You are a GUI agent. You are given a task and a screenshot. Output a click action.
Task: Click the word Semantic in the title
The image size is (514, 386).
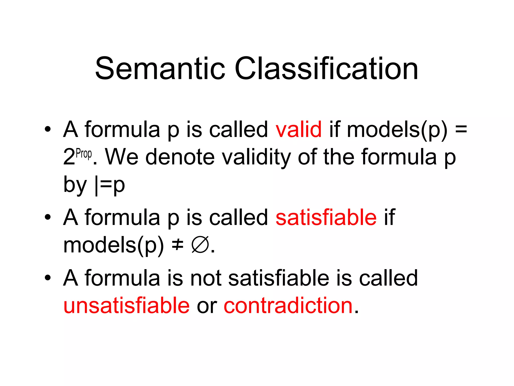[160, 68]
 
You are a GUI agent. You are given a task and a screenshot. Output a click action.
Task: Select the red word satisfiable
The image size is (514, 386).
[326, 217]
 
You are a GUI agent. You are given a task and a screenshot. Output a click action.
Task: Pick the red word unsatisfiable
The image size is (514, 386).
[126, 306]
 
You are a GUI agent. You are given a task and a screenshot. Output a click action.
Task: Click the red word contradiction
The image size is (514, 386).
[288, 306]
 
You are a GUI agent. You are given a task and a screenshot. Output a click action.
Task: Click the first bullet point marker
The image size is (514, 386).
[47, 130]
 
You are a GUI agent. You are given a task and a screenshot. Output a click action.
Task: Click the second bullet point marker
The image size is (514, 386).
[47, 218]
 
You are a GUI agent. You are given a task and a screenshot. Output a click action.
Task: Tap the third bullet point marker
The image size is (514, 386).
[47, 278]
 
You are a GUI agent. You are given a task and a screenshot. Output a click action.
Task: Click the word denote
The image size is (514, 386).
[180, 157]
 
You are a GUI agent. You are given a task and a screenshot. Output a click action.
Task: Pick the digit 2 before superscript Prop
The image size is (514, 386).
[69, 157]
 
